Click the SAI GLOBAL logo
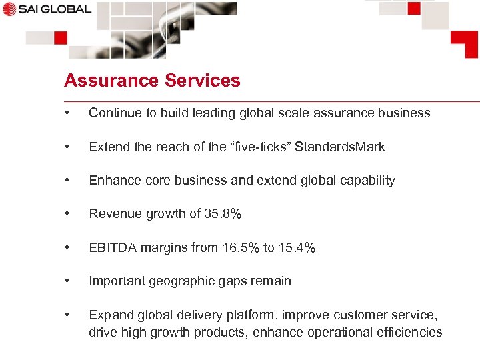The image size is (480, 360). tap(46, 9)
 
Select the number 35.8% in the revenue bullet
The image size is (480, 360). tap(223, 214)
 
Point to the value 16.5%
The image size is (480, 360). tap(239, 247)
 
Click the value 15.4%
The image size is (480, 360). tap(297, 247)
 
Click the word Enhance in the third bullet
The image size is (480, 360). tap(111, 180)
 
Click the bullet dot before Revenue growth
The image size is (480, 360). tap(67, 214)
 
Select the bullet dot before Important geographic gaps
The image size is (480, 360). tap(67, 281)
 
